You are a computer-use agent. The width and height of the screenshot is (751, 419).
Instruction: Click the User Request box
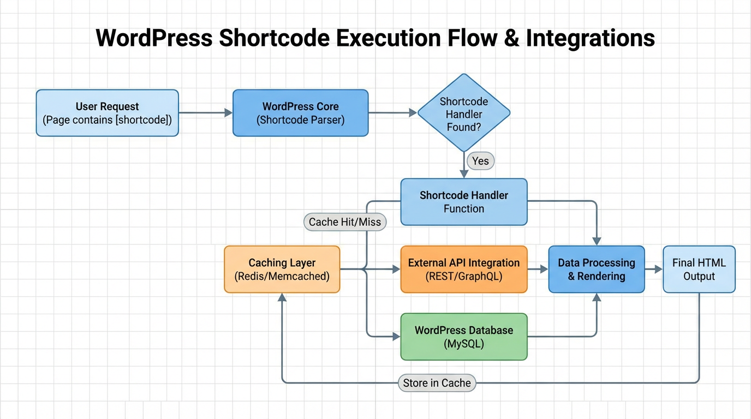[107, 113]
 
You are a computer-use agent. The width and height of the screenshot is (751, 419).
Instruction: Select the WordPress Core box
[300, 113]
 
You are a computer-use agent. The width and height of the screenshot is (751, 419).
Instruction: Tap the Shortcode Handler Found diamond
[463, 113]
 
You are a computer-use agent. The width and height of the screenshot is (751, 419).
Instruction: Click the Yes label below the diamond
[480, 161]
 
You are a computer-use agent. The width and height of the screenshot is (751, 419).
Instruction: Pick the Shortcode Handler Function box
[463, 202]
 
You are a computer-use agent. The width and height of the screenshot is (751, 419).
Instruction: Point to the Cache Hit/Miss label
[345, 222]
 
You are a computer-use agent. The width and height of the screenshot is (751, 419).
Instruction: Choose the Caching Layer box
[282, 270]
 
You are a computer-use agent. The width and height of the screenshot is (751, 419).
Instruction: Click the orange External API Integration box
[463, 270]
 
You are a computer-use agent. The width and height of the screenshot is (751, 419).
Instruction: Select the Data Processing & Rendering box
[596, 270]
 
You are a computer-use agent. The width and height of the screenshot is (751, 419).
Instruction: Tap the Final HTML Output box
[699, 270]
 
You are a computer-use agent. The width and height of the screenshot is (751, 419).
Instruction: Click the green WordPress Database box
[463, 337]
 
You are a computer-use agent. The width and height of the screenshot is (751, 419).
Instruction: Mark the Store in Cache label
[437, 383]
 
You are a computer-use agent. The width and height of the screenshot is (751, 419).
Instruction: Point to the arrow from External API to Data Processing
[538, 269]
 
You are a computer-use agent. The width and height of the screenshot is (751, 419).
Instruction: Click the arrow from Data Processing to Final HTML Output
[653, 269]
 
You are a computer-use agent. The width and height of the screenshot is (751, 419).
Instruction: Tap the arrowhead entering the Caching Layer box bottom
[282, 298]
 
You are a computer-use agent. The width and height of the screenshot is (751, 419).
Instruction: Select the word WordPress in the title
[154, 39]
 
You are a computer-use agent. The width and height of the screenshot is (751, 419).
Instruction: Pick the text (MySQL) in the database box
[463, 344]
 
